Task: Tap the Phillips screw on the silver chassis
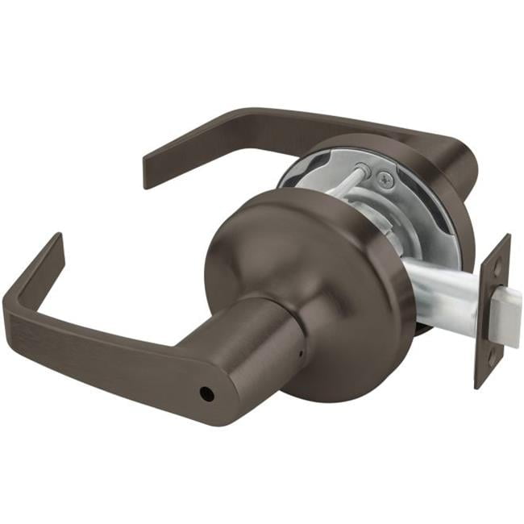(386, 182)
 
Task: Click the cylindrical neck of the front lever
(258, 339)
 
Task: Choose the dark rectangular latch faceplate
(493, 310)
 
